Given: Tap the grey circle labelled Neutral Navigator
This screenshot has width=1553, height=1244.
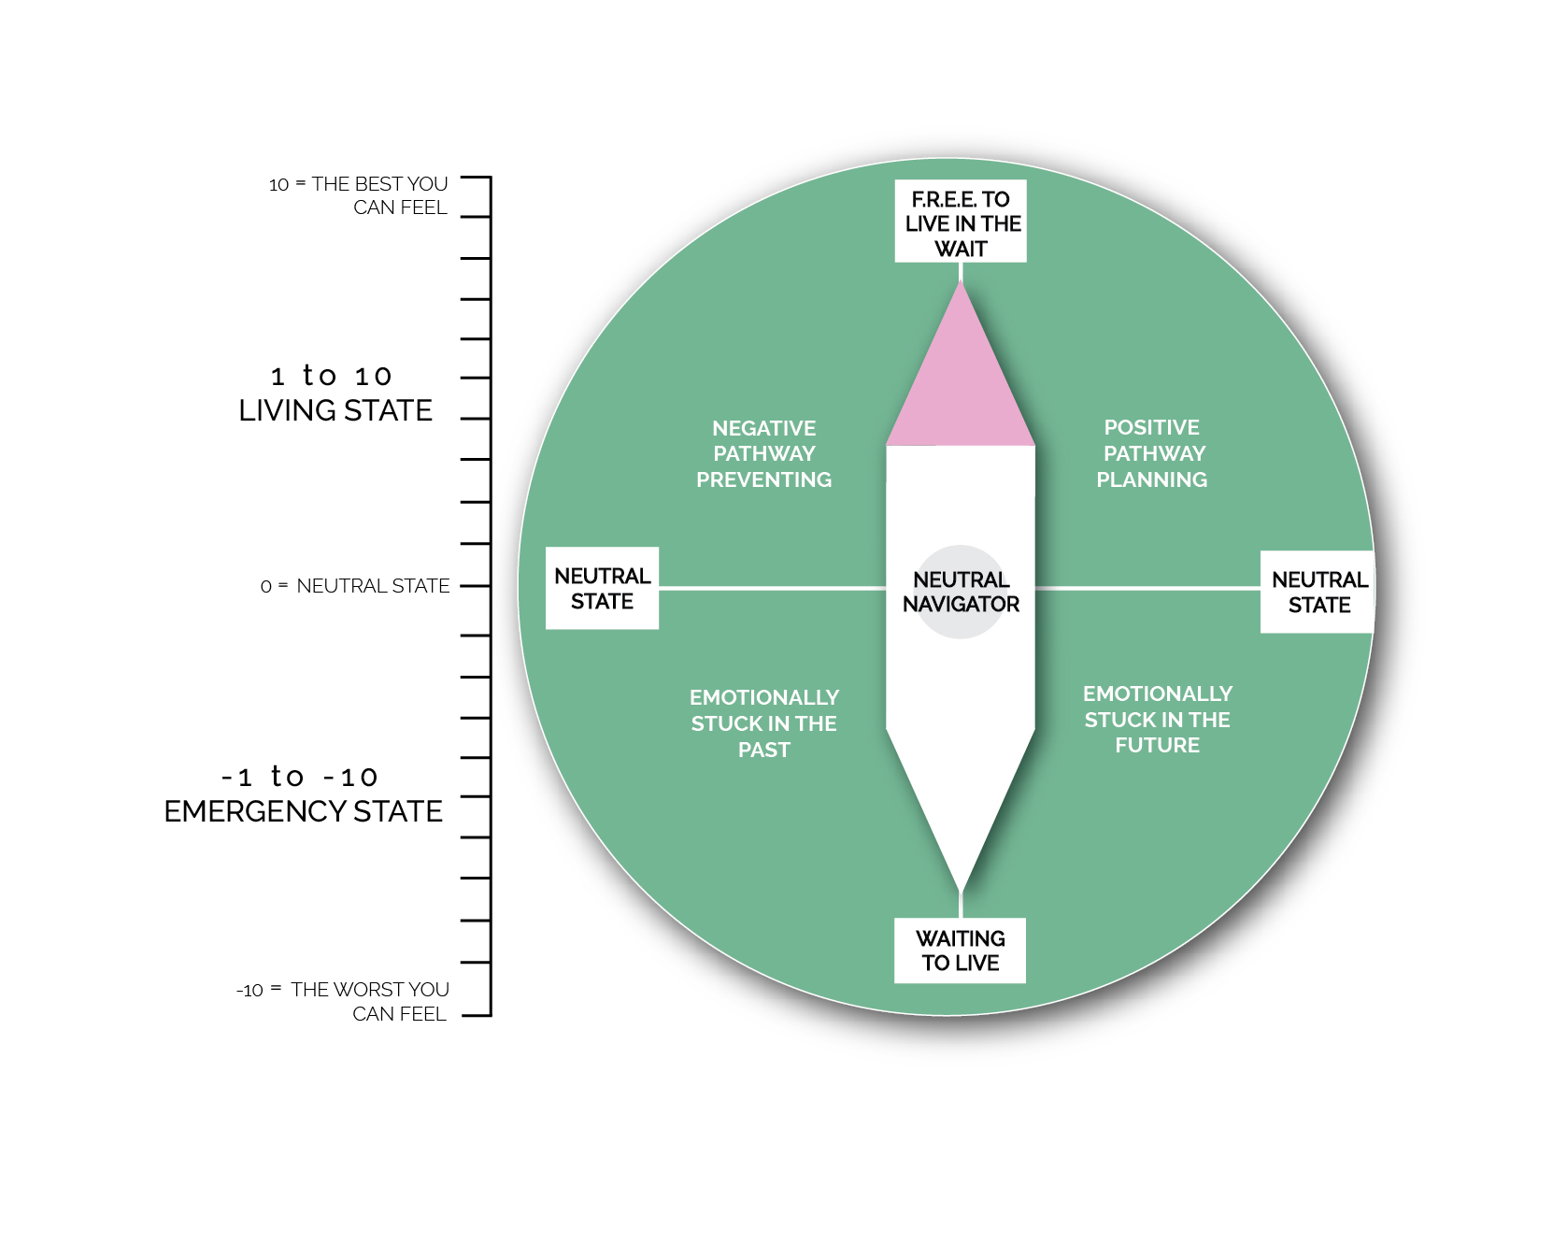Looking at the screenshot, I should click(961, 592).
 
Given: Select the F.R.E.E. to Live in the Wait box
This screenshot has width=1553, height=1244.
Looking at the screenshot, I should click(961, 222).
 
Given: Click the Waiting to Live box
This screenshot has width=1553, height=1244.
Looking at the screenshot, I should click(960, 951).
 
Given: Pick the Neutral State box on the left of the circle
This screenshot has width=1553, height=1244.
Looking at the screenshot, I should click(602, 588).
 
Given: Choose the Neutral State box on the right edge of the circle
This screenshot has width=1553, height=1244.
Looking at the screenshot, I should click(1318, 592).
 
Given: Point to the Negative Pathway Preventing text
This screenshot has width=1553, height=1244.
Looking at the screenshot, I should click(763, 453).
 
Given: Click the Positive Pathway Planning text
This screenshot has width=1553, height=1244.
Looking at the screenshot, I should click(1152, 453).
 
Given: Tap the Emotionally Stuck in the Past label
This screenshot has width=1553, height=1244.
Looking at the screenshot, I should click(763, 723).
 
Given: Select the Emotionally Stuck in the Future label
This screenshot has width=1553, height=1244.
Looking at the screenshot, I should click(1157, 720).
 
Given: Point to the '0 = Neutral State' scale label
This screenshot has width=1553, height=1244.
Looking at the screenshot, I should click(355, 586).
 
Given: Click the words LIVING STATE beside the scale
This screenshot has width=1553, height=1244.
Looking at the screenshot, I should click(335, 410).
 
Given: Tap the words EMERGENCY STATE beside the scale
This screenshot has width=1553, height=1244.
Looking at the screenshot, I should click(303, 811).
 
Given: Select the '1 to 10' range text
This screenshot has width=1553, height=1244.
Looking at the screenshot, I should click(332, 376).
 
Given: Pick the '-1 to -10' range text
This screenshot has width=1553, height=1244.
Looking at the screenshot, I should click(300, 777).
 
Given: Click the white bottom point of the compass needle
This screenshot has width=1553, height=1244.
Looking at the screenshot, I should click(961, 841).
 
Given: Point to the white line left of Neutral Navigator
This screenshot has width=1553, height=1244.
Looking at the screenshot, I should click(772, 588).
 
